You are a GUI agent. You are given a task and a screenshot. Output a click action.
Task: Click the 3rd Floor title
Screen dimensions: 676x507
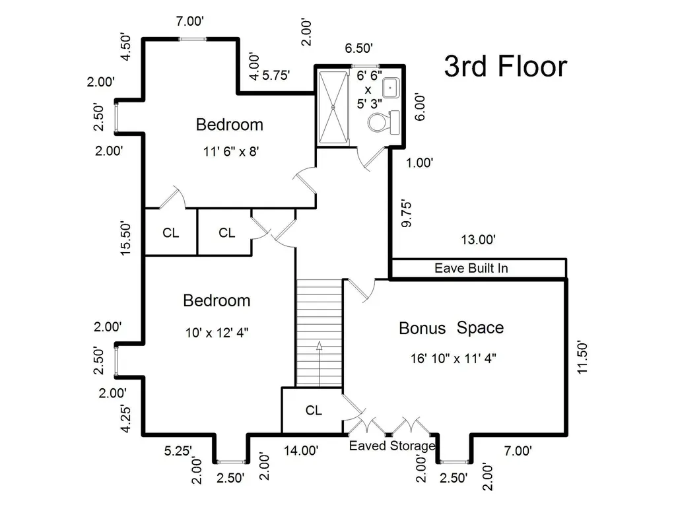pyautogui.click(x=506, y=67)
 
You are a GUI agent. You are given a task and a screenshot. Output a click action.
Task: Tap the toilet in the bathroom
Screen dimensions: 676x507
pyautogui.click(x=384, y=122)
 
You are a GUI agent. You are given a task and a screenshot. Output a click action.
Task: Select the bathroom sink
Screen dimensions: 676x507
pyautogui.click(x=391, y=88)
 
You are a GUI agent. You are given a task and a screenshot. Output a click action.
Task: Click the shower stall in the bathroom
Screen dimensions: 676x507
pyautogui.click(x=333, y=107)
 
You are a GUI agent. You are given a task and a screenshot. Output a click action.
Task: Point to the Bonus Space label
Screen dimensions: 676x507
pyautogui.click(x=452, y=328)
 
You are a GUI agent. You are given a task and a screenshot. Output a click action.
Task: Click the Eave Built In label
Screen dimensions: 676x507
pyautogui.click(x=471, y=268)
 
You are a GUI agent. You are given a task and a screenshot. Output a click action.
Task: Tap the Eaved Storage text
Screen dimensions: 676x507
pyautogui.click(x=392, y=446)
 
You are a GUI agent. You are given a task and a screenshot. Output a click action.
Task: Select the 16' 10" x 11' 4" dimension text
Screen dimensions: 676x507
pyautogui.click(x=453, y=358)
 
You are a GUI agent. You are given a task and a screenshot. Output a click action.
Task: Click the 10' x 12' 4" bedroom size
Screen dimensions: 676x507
pyautogui.click(x=217, y=333)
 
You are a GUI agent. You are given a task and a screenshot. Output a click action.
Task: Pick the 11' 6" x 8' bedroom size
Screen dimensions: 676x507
pyautogui.click(x=231, y=151)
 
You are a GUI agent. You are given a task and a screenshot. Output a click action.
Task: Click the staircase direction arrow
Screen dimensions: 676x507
pyautogui.click(x=319, y=364)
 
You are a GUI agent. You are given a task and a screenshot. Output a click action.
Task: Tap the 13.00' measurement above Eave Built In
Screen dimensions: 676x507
pyautogui.click(x=478, y=240)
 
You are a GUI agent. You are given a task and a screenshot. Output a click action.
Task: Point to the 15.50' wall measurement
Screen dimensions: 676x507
pyautogui.click(x=125, y=238)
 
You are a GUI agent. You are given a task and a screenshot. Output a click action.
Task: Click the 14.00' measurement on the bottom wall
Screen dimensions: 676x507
pyautogui.click(x=301, y=450)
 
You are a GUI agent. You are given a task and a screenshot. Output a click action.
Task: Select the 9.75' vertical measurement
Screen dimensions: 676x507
pyautogui.click(x=406, y=213)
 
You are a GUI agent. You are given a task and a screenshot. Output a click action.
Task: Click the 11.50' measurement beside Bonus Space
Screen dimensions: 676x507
pyautogui.click(x=582, y=358)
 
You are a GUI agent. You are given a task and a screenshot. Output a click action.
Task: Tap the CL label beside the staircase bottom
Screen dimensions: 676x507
pyautogui.click(x=314, y=410)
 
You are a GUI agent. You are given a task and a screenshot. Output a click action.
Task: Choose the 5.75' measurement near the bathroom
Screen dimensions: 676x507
pyautogui.click(x=276, y=75)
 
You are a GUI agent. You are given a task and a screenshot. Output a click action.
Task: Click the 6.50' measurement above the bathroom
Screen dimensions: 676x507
pyautogui.click(x=358, y=48)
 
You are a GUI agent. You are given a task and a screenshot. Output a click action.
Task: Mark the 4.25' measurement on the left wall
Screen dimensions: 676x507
pyautogui.click(x=125, y=418)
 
